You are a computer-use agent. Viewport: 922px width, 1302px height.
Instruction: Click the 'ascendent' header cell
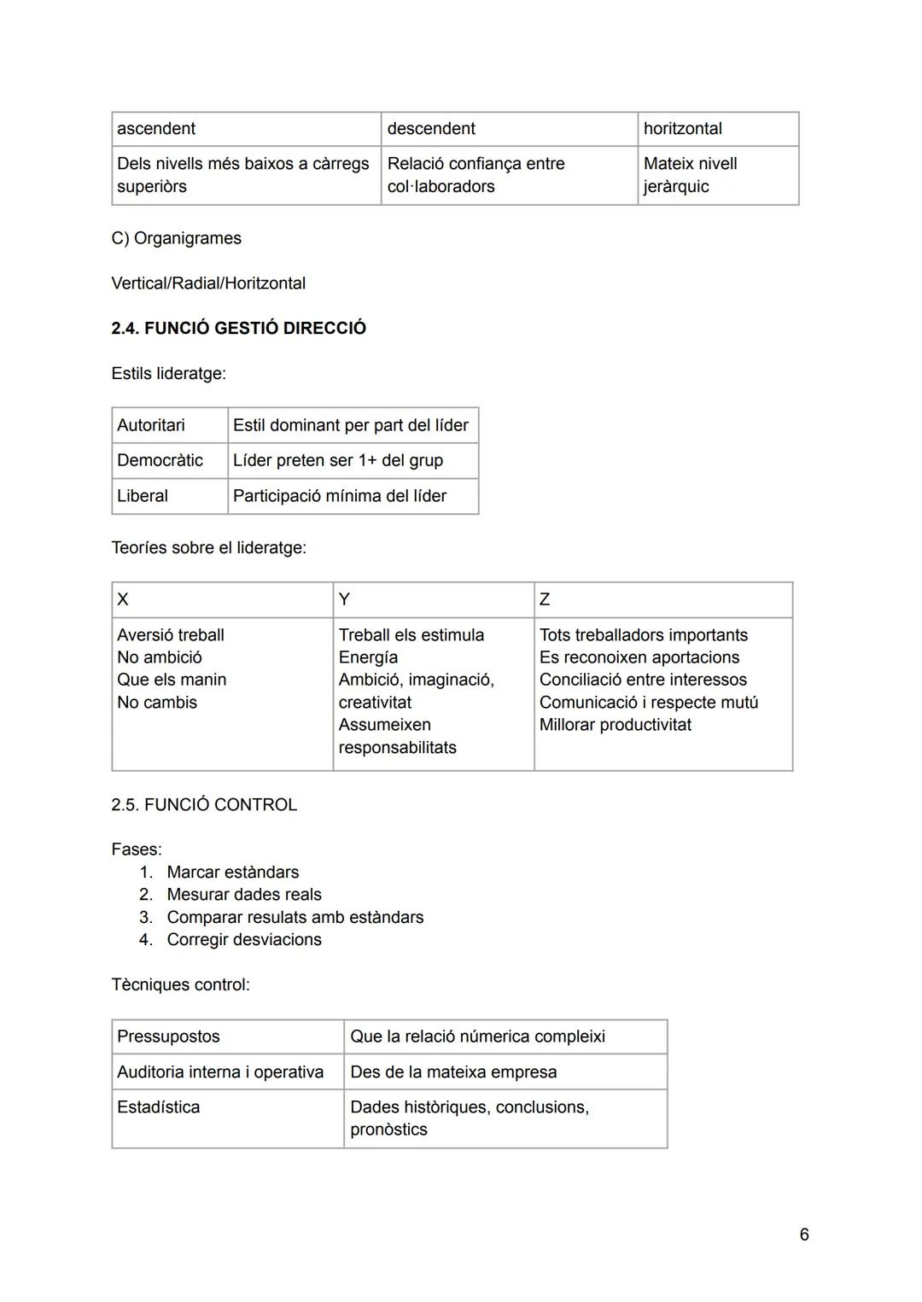coord(156,129)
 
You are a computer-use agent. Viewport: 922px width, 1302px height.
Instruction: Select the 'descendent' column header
coord(431,129)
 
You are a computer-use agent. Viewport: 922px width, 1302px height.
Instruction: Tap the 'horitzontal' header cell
coord(682,129)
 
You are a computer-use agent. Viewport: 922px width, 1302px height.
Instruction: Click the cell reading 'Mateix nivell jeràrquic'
coord(690,175)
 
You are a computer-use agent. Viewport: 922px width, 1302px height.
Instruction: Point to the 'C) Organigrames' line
coord(176,238)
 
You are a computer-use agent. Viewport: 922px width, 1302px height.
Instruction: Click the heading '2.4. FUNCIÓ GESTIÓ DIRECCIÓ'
coord(238,329)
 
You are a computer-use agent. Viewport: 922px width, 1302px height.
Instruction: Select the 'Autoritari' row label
coord(151,425)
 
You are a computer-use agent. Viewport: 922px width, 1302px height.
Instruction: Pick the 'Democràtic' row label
coord(160,460)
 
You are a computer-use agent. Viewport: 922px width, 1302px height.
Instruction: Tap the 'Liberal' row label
coord(143,496)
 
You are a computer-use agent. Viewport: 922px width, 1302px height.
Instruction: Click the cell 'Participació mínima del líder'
coord(340,496)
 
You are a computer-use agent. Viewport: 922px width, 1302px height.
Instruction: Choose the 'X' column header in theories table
coord(123,599)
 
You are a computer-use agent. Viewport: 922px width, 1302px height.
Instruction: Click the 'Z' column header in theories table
coord(545,599)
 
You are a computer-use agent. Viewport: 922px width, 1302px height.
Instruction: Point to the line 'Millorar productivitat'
coord(615,725)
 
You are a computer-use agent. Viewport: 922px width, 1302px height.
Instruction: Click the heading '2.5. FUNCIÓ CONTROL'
coord(204,805)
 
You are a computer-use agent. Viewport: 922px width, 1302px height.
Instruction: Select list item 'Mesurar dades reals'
coord(244,895)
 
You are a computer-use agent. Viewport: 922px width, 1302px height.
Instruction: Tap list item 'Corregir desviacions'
coord(244,940)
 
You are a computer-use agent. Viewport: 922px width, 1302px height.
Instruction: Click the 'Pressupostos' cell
coord(168,1036)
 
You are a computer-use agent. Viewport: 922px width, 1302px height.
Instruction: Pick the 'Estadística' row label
coord(159,1107)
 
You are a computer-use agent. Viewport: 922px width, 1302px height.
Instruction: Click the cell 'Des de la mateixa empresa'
coord(453,1072)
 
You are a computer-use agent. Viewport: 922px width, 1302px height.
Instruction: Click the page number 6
coord(804,1235)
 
